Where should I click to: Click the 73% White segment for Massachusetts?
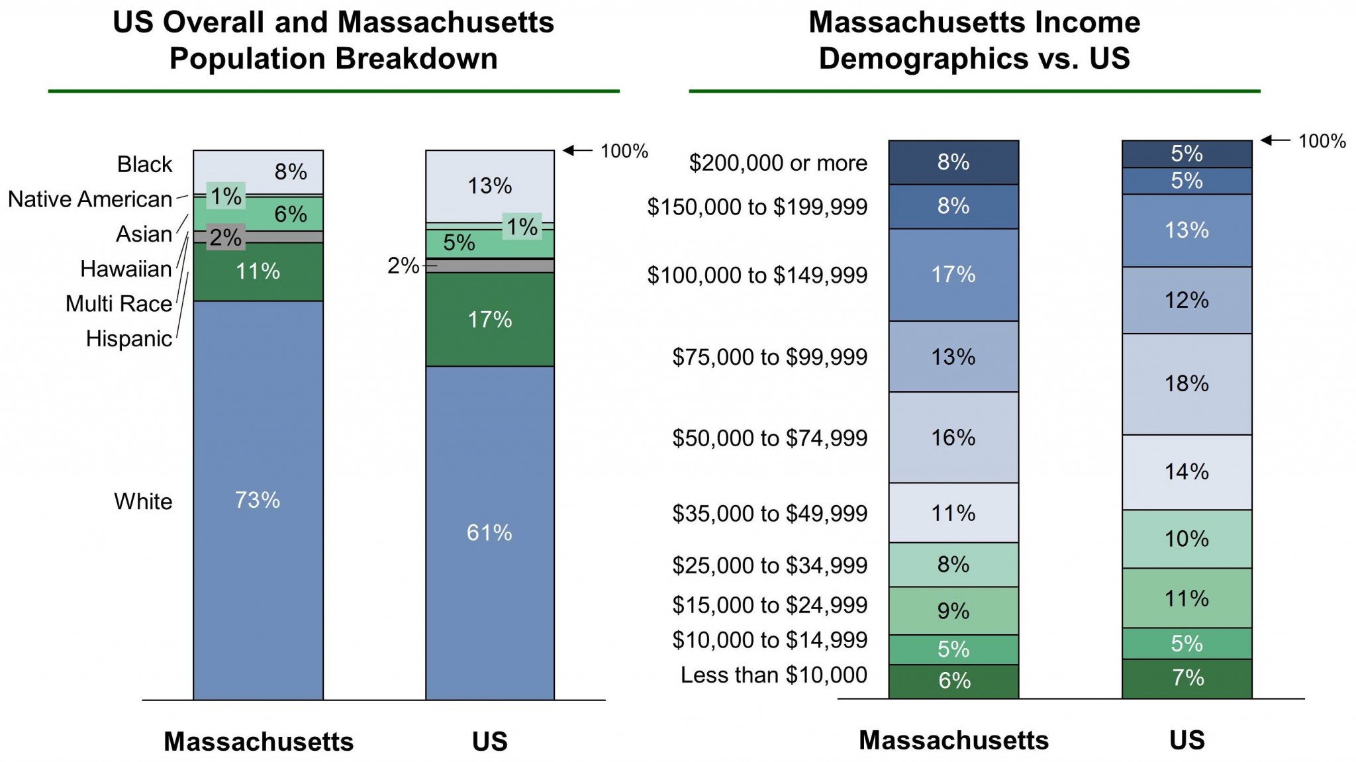point(258,500)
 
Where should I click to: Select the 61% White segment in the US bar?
point(489,532)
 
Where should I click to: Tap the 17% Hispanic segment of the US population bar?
point(489,320)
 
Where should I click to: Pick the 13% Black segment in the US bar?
point(489,186)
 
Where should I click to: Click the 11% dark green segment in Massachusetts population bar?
point(258,271)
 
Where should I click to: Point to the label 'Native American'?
point(90,199)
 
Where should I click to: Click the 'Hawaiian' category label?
point(126,269)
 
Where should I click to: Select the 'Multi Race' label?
point(119,304)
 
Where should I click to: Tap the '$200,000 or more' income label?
point(778,163)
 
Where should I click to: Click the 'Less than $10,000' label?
point(773,675)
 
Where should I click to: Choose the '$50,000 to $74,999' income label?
point(769,438)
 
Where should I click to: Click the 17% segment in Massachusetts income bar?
point(953,275)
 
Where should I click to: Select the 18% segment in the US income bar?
point(1186,384)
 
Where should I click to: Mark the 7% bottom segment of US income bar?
point(1186,678)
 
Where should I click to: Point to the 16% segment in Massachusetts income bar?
point(953,438)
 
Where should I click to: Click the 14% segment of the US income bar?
point(1186,472)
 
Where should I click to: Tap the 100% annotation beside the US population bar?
point(624,151)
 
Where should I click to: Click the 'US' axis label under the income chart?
point(1186,740)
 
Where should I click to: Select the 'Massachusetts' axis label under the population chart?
point(258,741)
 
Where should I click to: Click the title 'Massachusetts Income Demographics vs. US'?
point(974,40)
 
